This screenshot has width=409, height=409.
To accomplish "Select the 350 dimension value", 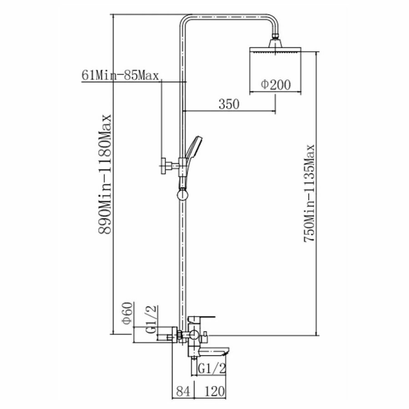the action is [228, 104].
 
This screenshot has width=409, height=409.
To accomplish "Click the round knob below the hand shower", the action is [182, 196].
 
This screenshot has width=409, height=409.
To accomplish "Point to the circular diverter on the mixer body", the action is [193, 337].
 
